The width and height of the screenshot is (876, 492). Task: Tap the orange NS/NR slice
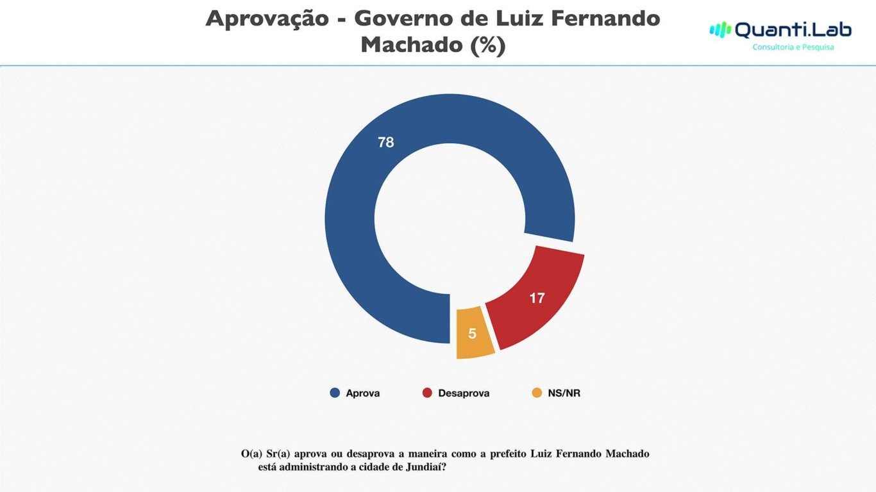click(x=474, y=333)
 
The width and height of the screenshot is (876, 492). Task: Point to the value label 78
click(x=386, y=143)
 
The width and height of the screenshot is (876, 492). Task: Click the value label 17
click(x=537, y=299)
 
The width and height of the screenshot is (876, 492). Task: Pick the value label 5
click(x=473, y=334)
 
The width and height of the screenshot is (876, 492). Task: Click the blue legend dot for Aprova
click(x=334, y=393)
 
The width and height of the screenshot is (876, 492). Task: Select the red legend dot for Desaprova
click(x=426, y=393)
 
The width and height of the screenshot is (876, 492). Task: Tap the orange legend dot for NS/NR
click(x=537, y=393)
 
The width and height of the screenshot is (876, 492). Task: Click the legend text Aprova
click(x=363, y=393)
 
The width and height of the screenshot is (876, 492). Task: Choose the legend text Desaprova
click(x=464, y=393)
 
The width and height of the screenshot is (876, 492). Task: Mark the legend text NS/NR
click(x=564, y=393)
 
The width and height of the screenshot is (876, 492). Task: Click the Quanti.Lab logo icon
click(x=720, y=29)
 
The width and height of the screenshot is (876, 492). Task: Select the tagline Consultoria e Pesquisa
click(x=793, y=47)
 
